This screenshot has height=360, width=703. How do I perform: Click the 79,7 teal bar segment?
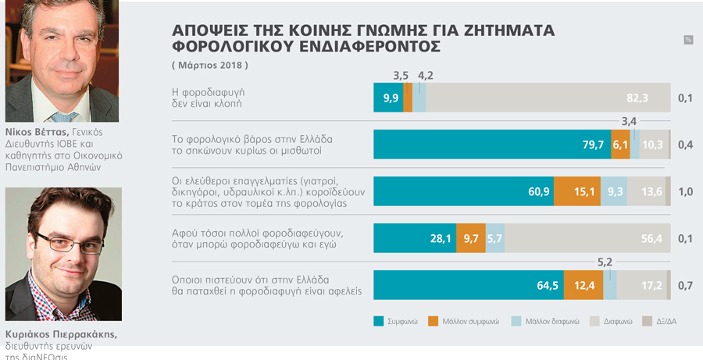pyautogui.click(x=492, y=145)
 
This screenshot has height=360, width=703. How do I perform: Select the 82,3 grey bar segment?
pyautogui.click(x=547, y=98)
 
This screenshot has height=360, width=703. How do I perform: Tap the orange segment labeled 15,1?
pyautogui.click(x=577, y=191)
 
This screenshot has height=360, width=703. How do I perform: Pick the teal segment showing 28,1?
pyautogui.click(x=414, y=238)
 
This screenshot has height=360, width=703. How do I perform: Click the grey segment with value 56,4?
pyautogui.click(x=586, y=238)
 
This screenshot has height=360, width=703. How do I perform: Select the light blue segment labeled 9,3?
pyautogui.click(x=614, y=191)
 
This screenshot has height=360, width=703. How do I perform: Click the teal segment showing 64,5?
pyautogui.click(x=468, y=285)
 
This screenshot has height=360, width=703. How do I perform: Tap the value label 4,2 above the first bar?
pyautogui.click(x=426, y=76)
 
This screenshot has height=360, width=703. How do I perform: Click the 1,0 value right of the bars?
pyautogui.click(x=685, y=191)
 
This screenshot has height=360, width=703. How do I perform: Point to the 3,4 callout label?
pyautogui.click(x=630, y=122)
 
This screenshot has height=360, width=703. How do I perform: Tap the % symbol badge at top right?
pyautogui.click(x=687, y=40)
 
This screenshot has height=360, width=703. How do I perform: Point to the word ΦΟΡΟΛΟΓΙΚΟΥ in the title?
pyautogui.click(x=238, y=46)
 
